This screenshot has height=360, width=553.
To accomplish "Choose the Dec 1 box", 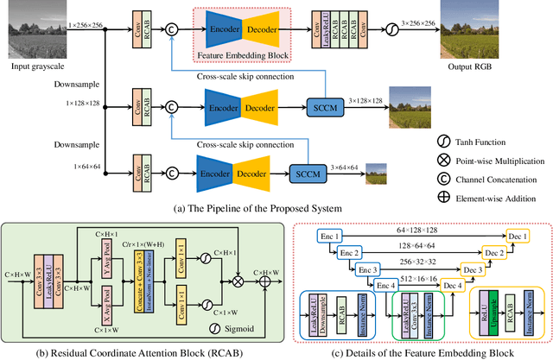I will pos(518,237).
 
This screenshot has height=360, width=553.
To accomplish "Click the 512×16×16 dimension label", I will pos(418,278).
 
